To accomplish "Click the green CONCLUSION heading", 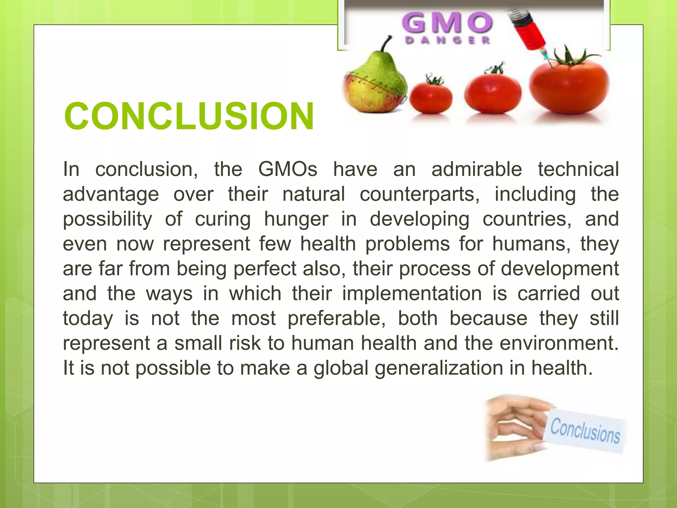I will [x=189, y=116].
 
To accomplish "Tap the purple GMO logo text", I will [x=447, y=23].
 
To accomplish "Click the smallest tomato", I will [x=431, y=96].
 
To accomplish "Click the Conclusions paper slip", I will [x=585, y=430].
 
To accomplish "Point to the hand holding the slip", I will [x=516, y=427].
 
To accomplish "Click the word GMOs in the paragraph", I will [x=288, y=169].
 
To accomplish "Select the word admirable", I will [x=476, y=169].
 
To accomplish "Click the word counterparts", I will [x=419, y=194].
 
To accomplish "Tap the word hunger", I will [x=296, y=219].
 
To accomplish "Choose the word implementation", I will [x=412, y=294].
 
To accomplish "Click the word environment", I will [x=558, y=343].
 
